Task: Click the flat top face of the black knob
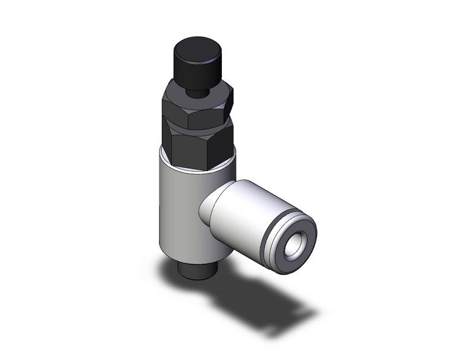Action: pos(196,47)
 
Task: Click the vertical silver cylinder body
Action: pos(178,209)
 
